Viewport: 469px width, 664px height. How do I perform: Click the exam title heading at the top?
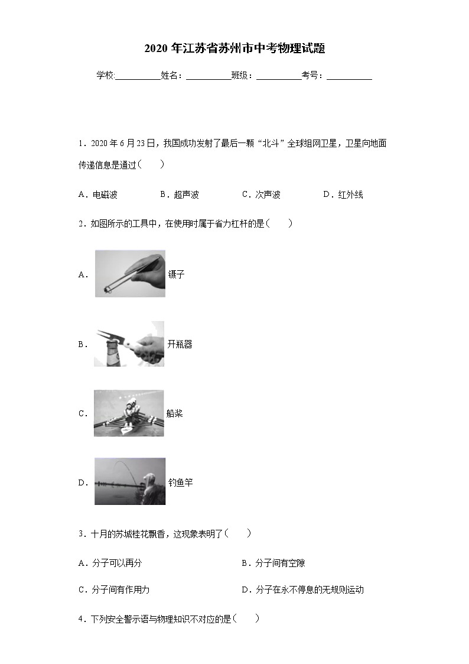(x=234, y=49)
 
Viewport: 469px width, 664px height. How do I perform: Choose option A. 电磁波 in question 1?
(x=98, y=195)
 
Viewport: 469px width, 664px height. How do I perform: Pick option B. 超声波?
(x=179, y=195)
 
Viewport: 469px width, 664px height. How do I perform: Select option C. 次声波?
(x=261, y=195)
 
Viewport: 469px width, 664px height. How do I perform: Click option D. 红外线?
(x=343, y=195)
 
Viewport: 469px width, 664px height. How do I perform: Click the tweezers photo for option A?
(x=130, y=273)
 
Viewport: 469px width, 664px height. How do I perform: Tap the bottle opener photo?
(x=129, y=344)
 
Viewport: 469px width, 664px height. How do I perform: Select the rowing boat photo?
(x=129, y=413)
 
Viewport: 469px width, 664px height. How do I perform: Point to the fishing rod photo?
(x=130, y=481)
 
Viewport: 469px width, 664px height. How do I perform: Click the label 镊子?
(x=177, y=274)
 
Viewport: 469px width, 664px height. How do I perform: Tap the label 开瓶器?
(x=180, y=344)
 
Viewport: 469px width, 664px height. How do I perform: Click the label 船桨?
(x=175, y=413)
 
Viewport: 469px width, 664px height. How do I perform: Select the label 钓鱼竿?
(x=180, y=482)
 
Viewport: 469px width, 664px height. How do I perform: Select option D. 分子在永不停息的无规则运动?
(x=302, y=589)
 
